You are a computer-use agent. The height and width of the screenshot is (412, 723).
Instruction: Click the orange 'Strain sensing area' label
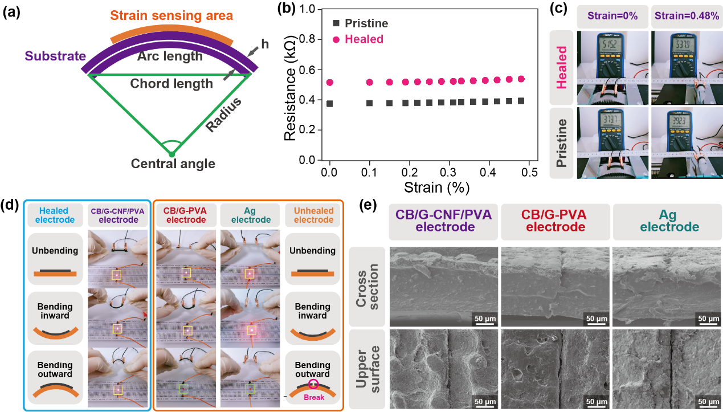171,15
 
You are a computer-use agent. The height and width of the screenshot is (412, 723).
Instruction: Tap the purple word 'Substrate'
55,56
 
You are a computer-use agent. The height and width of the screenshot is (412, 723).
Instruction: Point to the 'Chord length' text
171,84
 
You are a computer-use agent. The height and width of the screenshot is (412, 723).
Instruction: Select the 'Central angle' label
173,164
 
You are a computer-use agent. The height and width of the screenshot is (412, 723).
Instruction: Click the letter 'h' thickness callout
264,43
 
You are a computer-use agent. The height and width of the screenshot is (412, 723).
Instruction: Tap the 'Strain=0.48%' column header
686,16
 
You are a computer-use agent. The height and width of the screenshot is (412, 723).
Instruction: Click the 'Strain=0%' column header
612,16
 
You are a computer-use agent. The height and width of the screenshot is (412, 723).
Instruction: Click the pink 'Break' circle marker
312,385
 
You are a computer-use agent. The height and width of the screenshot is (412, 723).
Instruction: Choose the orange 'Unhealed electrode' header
313,215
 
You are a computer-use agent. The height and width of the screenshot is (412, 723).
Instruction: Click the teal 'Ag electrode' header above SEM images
669,221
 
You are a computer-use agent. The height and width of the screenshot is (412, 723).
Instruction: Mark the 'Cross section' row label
368,286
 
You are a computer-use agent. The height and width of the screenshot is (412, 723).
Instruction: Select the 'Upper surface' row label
368,369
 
